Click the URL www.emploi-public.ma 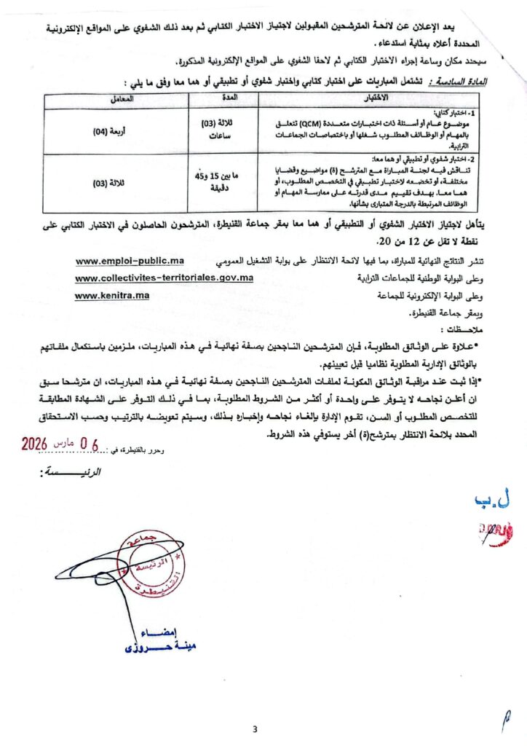coord(130,261)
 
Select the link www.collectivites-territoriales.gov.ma coord(164,278)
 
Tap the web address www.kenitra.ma coord(111,295)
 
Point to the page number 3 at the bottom coord(255,730)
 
